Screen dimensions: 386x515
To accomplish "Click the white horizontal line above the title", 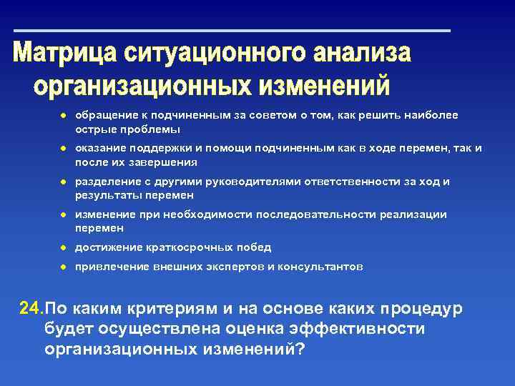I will coord(232,31).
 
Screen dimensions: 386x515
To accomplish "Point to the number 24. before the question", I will coord(31,309).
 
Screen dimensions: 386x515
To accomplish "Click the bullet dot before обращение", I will coord(63,115).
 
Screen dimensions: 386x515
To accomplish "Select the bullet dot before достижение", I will coord(63,247).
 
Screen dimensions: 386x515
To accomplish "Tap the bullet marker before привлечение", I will coord(63,267).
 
